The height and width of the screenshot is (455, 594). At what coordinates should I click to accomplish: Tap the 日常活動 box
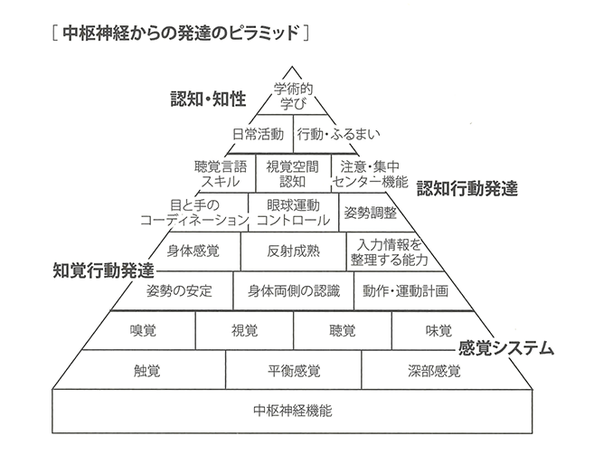click(258, 134)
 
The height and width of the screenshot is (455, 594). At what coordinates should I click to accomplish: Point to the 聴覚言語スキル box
click(220, 174)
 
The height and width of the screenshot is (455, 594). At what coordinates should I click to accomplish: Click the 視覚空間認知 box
click(293, 174)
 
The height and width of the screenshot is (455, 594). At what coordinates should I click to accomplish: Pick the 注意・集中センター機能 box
click(369, 174)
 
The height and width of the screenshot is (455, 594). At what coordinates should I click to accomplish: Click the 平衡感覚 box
click(293, 371)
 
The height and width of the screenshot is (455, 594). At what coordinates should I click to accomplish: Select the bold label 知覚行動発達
click(101, 270)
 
